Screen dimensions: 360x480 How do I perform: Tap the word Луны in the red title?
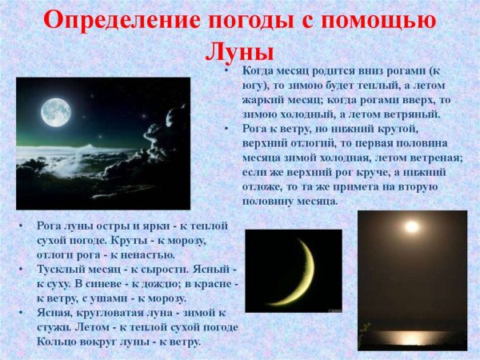[239, 50]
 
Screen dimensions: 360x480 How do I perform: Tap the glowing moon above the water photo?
[411, 227]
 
